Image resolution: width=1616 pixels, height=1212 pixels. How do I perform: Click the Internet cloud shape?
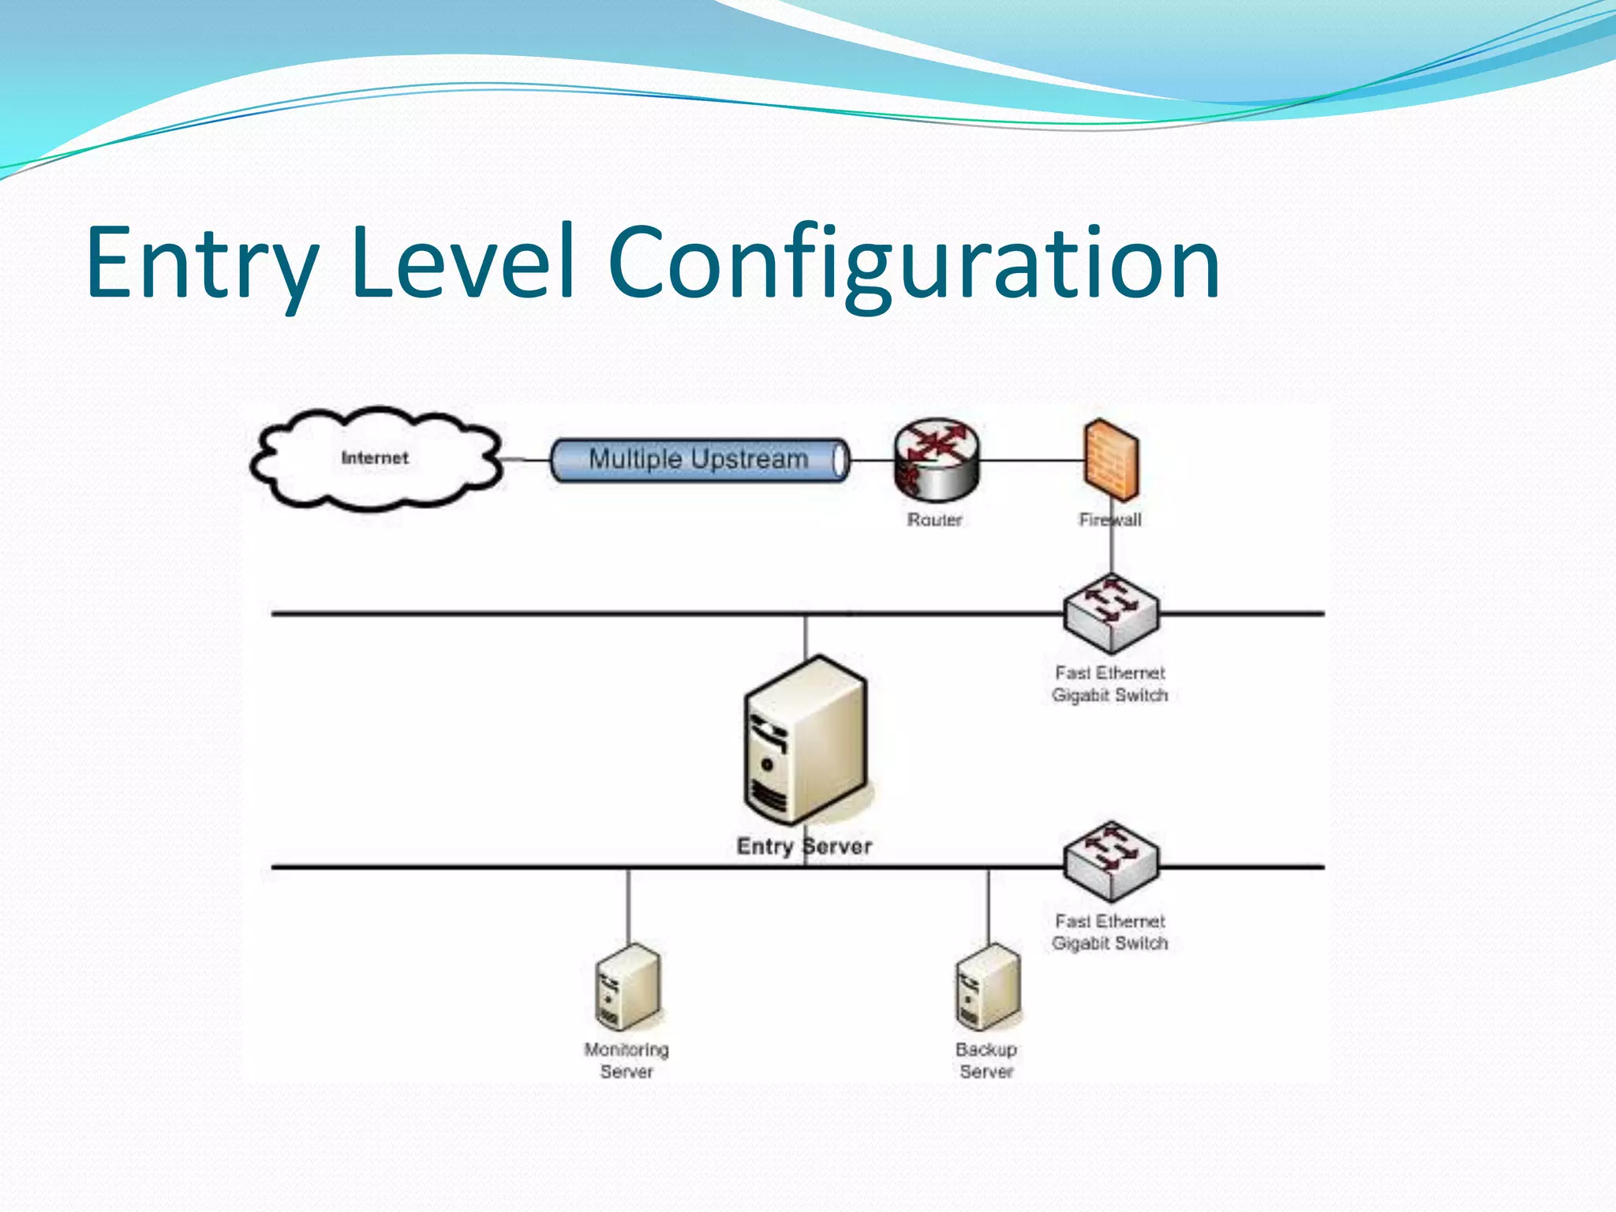coord(376,458)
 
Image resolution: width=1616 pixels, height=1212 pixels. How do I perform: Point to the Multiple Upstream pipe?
coord(699,459)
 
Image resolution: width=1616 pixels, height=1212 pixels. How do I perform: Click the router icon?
coord(937,460)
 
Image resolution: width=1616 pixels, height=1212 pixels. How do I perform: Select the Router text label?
coord(935,520)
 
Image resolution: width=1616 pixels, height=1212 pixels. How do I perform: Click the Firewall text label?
coord(1110,520)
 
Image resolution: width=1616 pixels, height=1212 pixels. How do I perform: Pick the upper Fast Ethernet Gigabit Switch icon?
coord(1111,614)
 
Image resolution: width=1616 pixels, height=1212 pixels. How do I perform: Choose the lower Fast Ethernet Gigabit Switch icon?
coord(1111,862)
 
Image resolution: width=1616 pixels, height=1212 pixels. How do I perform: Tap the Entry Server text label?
coord(804,847)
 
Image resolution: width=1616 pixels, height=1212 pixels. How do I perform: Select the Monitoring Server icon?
coord(628,987)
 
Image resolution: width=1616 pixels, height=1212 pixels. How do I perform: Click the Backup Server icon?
coord(988,987)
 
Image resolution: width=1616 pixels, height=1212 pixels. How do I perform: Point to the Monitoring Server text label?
coord(627,1060)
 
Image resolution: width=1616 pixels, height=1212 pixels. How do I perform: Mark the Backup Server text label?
coord(986,1060)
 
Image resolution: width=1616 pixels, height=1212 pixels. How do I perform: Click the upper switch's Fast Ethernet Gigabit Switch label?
coord(1110,684)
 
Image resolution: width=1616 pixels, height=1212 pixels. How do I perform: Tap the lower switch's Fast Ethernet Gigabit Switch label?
coord(1110,932)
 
